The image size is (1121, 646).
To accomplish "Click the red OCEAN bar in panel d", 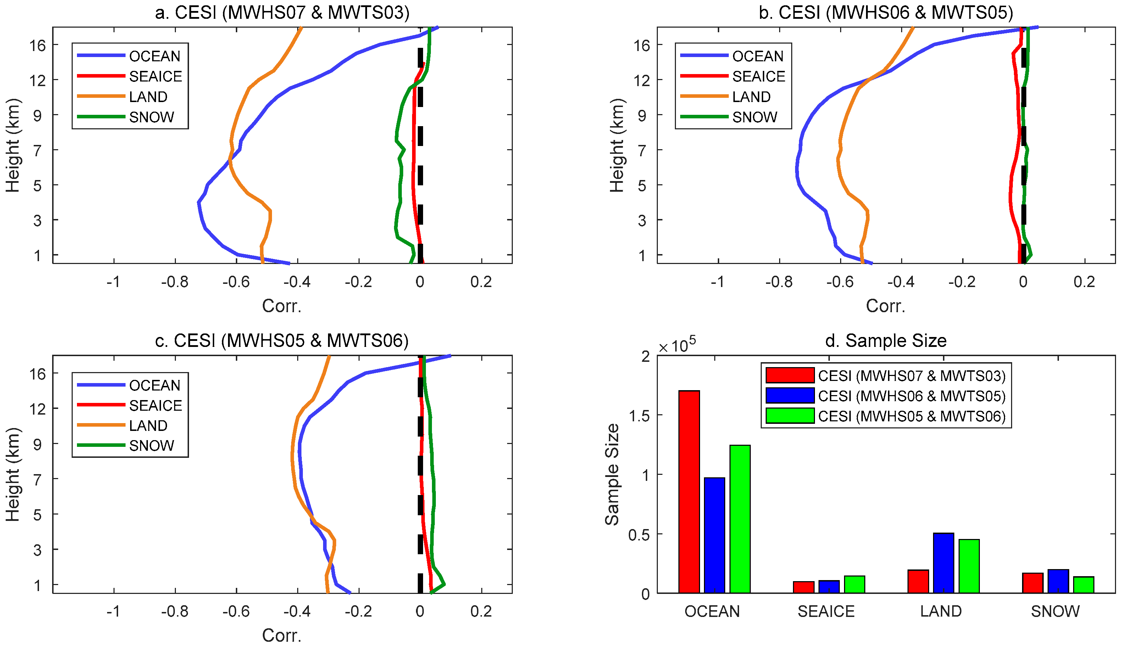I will pos(689,491).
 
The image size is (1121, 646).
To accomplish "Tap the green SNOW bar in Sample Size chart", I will pos(1083,584).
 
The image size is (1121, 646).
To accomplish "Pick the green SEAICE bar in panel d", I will pos(854,584).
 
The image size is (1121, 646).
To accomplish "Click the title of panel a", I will pos(282,12).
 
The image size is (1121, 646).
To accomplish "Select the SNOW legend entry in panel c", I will pos(151,445).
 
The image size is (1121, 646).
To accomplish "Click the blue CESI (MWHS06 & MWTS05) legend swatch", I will pos(790,395).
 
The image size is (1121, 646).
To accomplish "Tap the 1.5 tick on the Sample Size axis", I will pos(639,416).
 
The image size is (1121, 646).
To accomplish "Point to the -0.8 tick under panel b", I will pos(779,282).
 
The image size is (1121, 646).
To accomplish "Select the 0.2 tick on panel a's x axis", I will pos(481,282).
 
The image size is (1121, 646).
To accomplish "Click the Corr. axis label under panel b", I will pos(885,306).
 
